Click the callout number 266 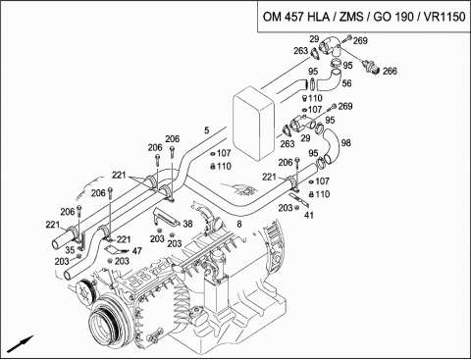(390, 71)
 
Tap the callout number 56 (346, 83)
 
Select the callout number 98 (346, 142)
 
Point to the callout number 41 (309, 215)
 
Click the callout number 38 (187, 224)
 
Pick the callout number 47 (137, 251)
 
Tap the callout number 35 (70, 250)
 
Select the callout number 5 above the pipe (206, 130)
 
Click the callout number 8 (239, 224)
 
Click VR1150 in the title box (445, 17)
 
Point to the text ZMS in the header (351, 17)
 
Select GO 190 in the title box (393, 17)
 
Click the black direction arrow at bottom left (21, 343)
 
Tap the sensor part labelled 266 (371, 67)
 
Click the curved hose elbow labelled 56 (329, 79)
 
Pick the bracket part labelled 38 (166, 218)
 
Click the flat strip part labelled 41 (299, 200)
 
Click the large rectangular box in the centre (254, 124)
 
